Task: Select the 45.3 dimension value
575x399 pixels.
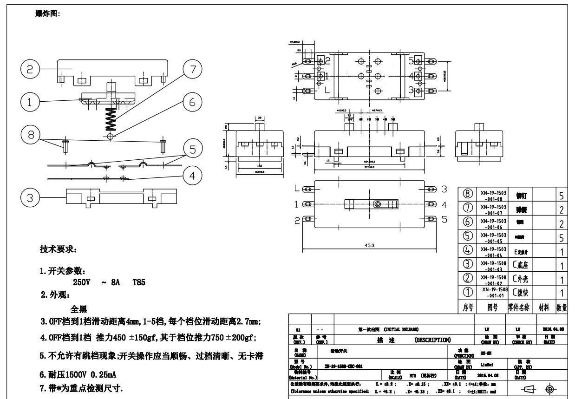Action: (369, 245)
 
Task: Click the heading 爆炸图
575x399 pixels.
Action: (47, 13)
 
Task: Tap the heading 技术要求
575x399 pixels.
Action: (58, 250)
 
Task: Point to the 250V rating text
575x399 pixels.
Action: (81, 282)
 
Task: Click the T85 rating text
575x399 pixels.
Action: (139, 282)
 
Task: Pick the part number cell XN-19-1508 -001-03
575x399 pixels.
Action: (494, 266)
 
